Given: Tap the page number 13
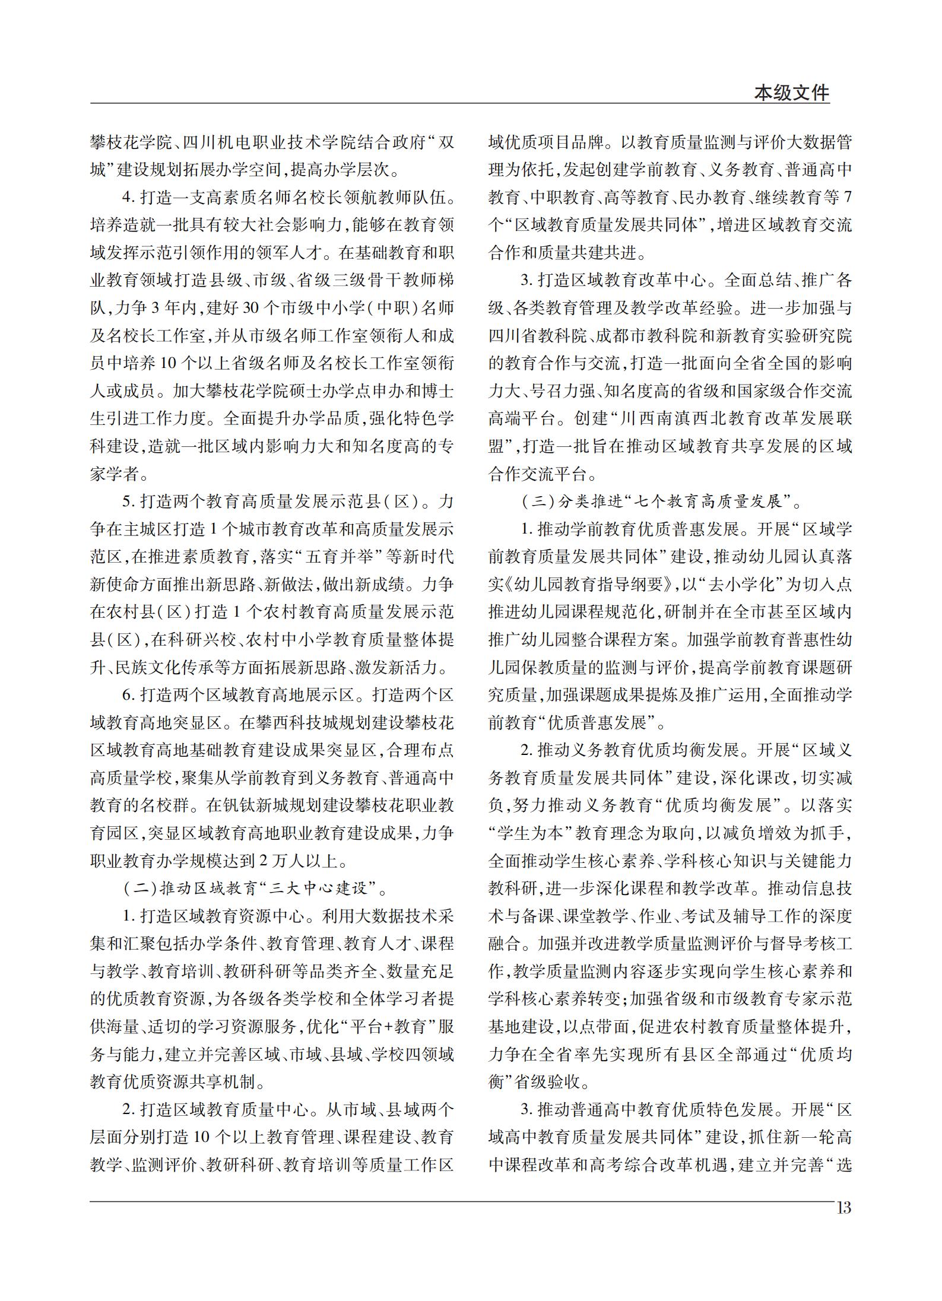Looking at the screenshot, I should click(x=843, y=1208).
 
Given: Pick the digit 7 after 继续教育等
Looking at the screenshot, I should click(x=847, y=198).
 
